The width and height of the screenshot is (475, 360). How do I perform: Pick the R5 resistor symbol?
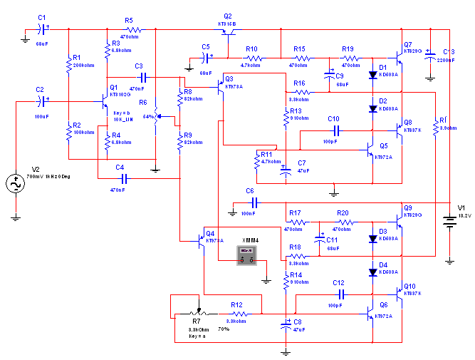pyautogui.click(x=131, y=30)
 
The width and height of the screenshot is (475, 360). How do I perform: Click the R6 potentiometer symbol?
pyautogui.click(x=157, y=116)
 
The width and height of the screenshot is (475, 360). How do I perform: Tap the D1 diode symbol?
pyautogui.click(x=372, y=74)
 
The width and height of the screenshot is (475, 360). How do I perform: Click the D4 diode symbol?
pyautogui.click(x=372, y=272)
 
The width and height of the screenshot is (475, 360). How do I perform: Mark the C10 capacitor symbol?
pyautogui.click(x=334, y=131)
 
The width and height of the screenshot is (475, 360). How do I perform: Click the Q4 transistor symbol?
pyautogui.click(x=201, y=242)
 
